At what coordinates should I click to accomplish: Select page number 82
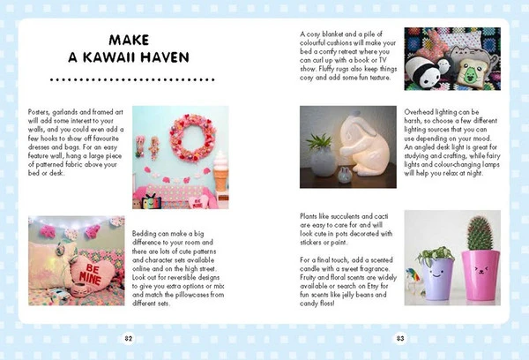(128, 339)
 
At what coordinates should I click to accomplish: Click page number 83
(400, 339)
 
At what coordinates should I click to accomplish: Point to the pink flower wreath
(192, 139)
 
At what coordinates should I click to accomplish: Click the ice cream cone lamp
(220, 171)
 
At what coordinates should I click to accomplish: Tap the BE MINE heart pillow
(92, 273)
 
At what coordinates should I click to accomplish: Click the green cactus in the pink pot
(480, 233)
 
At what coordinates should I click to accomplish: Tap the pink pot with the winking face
(481, 275)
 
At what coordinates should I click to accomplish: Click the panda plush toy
(421, 72)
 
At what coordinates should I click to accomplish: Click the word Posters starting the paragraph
(39, 112)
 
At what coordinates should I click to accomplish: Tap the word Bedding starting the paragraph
(144, 234)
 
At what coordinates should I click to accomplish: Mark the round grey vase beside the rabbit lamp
(323, 161)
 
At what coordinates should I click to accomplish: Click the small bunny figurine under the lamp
(345, 175)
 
